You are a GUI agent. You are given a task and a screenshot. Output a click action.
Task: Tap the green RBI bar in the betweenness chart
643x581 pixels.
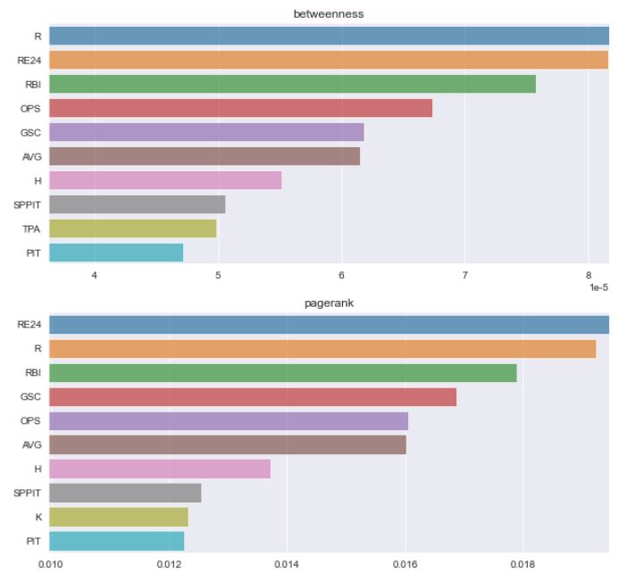(x=292, y=84)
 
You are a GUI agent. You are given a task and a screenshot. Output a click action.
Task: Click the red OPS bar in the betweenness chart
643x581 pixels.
(x=240, y=108)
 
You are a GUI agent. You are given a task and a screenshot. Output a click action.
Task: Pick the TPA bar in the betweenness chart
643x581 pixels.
(x=132, y=228)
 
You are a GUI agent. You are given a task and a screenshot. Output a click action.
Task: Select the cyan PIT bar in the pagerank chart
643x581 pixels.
(x=116, y=541)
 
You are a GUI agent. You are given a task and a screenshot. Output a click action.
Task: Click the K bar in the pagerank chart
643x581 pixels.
(x=118, y=517)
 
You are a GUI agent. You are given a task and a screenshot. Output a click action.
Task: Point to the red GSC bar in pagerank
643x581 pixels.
(x=253, y=397)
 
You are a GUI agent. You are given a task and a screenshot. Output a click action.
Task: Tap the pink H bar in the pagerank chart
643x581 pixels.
(x=160, y=469)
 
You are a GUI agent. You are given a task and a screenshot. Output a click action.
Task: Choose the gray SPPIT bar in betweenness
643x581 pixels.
(x=137, y=204)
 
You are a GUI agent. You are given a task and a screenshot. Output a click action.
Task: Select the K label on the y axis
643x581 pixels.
(x=37, y=517)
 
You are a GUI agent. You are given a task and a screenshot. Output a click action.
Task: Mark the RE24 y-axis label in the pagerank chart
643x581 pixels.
(x=29, y=325)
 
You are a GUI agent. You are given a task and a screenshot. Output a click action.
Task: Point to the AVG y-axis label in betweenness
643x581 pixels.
(x=31, y=156)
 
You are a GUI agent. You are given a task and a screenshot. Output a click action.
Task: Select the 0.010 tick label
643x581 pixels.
(x=50, y=565)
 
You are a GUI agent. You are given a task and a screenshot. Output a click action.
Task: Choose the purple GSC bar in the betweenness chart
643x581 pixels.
(x=206, y=132)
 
